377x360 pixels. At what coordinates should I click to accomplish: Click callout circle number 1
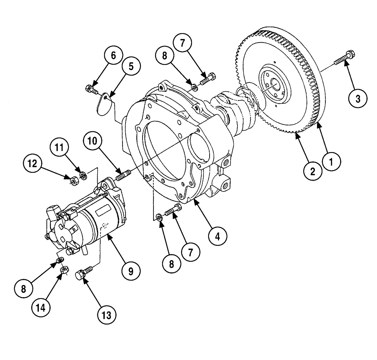click(x=332, y=162)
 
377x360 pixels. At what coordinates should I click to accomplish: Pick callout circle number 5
click(x=131, y=66)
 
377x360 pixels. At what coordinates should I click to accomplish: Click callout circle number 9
click(x=130, y=271)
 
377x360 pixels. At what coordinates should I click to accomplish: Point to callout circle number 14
click(x=40, y=307)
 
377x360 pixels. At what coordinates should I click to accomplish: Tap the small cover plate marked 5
click(x=104, y=104)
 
